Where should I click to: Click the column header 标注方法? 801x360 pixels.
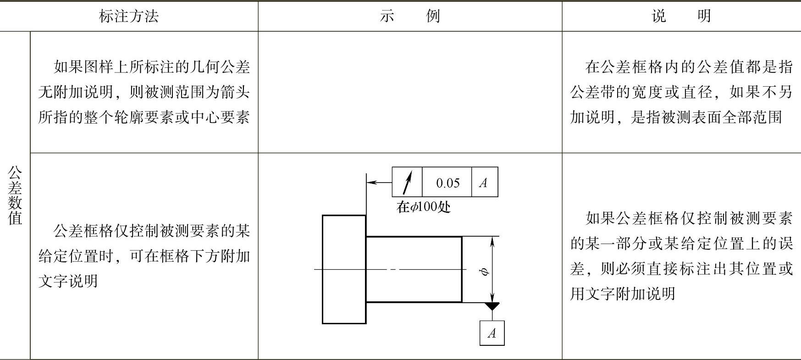(x=129, y=17)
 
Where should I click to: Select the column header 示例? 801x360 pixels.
(x=410, y=17)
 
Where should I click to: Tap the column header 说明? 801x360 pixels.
(x=681, y=17)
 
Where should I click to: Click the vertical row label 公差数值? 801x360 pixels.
(x=15, y=195)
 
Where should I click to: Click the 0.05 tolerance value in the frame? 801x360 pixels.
(x=447, y=183)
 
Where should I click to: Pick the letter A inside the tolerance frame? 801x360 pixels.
(x=483, y=183)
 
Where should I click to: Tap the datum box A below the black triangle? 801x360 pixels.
(x=492, y=333)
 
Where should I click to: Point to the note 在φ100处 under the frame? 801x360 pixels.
(x=423, y=207)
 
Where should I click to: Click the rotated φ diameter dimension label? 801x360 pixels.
(x=484, y=271)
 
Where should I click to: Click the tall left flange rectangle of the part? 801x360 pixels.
(x=344, y=269)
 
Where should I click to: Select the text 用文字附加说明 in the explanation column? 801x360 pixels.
(x=623, y=294)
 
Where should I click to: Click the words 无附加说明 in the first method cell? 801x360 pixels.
(x=76, y=93)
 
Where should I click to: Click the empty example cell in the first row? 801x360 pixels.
(x=410, y=92)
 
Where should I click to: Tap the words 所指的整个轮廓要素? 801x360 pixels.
(x=106, y=118)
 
